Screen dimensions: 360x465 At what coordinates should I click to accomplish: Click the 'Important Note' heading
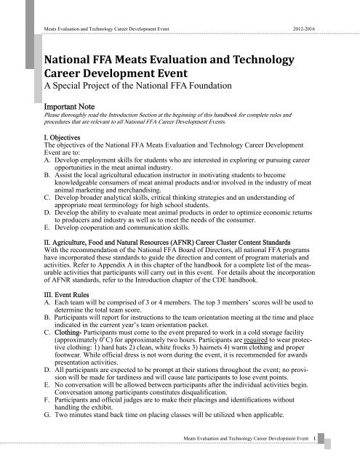tap(69, 105)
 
